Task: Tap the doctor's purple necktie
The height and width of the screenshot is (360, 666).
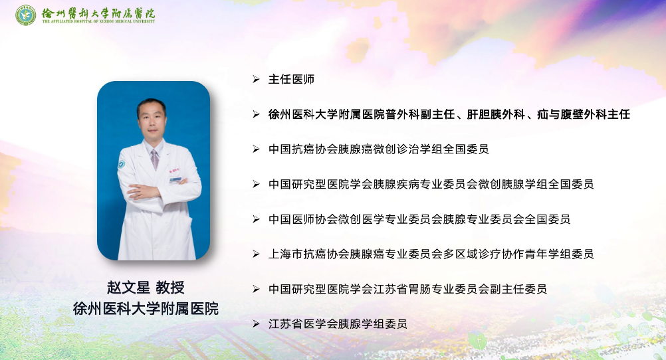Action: click(154, 159)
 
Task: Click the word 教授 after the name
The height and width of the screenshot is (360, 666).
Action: click(170, 288)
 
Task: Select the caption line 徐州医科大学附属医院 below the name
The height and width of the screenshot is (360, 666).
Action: click(146, 309)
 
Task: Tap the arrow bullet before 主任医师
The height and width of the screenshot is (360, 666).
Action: click(256, 79)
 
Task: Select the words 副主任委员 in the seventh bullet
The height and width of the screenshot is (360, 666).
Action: click(518, 289)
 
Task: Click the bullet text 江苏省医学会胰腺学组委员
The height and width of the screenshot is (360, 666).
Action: click(338, 324)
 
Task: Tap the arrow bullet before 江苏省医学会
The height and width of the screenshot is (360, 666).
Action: click(256, 324)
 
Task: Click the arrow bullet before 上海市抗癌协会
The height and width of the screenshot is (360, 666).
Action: click(256, 254)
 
